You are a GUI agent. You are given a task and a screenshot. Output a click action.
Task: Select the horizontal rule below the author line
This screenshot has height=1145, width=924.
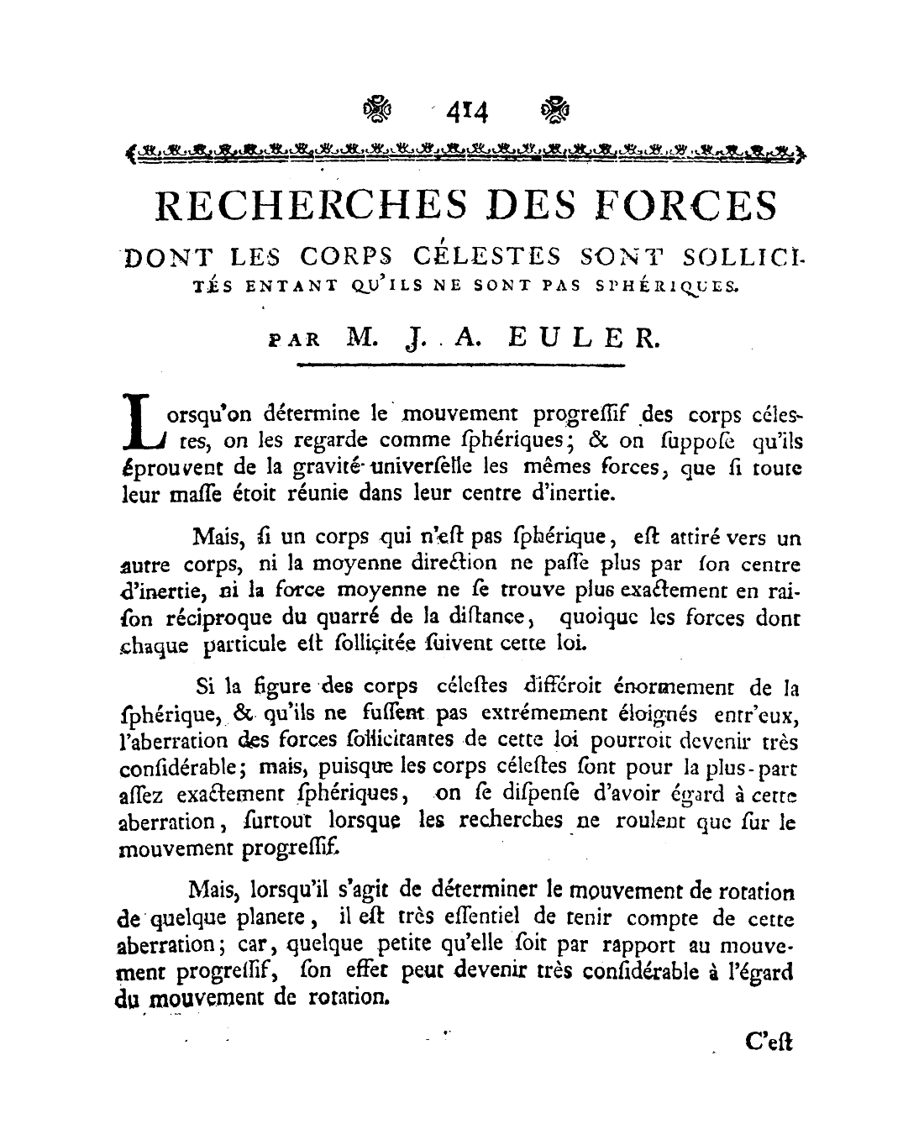coord(461,365)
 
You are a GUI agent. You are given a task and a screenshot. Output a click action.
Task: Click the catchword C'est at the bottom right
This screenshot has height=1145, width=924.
coord(768,1043)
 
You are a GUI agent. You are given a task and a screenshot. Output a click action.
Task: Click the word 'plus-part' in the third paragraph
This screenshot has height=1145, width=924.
coord(752,768)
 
